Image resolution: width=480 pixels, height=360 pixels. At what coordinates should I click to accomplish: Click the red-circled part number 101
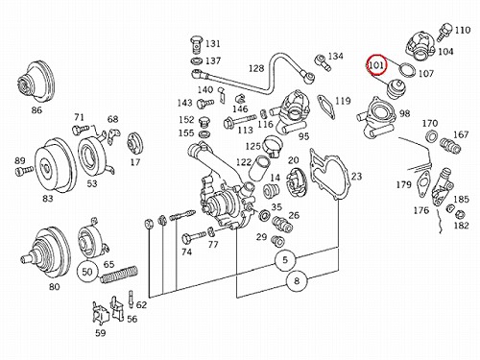click(376, 65)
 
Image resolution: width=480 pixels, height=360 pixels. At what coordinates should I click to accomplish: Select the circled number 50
click(87, 272)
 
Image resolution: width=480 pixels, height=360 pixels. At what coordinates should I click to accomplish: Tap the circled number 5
click(285, 260)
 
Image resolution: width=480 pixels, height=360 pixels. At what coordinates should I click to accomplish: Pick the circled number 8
click(297, 281)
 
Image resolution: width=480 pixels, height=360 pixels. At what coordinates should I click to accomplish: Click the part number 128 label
click(256, 68)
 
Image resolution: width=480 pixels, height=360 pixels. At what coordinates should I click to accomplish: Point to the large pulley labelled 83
click(55, 166)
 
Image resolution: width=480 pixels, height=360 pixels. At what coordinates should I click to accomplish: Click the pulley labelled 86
click(36, 82)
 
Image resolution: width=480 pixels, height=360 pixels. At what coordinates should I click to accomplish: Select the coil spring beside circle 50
click(119, 275)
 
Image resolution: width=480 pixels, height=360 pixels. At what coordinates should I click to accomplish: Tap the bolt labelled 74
click(194, 237)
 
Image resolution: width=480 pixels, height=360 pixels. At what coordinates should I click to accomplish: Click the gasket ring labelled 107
click(408, 70)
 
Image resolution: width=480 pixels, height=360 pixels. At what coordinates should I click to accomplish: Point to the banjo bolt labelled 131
click(197, 45)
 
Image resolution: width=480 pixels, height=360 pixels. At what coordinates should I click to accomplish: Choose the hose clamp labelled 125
click(274, 146)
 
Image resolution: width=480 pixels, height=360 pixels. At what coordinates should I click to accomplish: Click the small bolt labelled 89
click(24, 171)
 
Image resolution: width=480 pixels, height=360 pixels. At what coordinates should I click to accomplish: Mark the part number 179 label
click(403, 184)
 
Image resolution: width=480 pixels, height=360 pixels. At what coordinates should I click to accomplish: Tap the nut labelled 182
click(459, 213)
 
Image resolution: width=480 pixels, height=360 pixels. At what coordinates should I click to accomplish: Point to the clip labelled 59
click(101, 314)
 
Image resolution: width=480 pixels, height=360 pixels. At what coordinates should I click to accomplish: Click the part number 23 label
click(356, 176)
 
